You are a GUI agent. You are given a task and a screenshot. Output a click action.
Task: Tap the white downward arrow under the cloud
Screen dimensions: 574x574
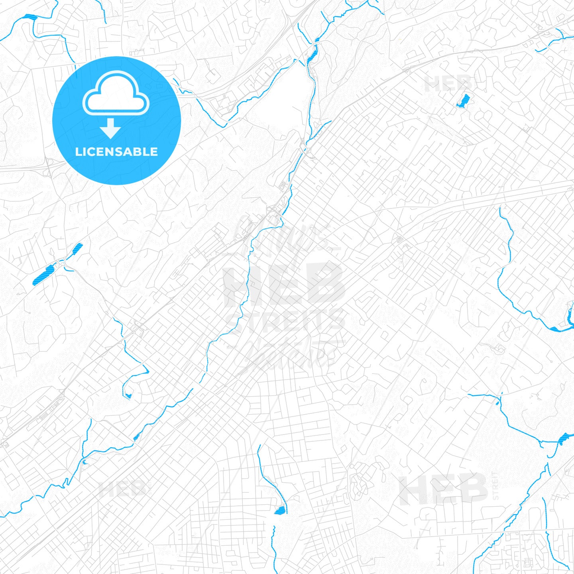coord(110,128)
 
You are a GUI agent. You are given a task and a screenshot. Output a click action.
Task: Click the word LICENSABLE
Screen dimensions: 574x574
coord(116,152)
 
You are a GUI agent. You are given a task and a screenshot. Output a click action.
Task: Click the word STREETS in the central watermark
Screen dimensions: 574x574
coord(285,321)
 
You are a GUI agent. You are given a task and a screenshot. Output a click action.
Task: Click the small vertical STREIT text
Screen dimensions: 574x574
coord(495,486)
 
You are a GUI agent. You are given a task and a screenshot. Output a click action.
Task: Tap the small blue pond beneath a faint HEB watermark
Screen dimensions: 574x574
coord(463,101)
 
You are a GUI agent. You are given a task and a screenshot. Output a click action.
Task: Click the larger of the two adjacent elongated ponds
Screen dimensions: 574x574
coord(43,275)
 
